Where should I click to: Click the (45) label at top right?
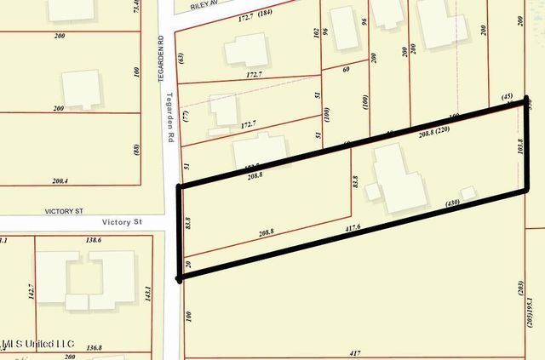coord(509,97)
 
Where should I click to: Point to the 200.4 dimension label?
coord(59,181)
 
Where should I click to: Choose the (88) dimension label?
coord(136,150)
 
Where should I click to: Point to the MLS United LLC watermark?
coord(39,344)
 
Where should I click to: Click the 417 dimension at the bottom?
coord(355,352)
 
